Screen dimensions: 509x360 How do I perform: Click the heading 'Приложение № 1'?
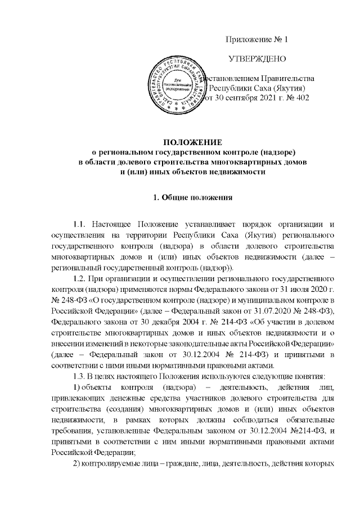pyautogui.click(x=256, y=39)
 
